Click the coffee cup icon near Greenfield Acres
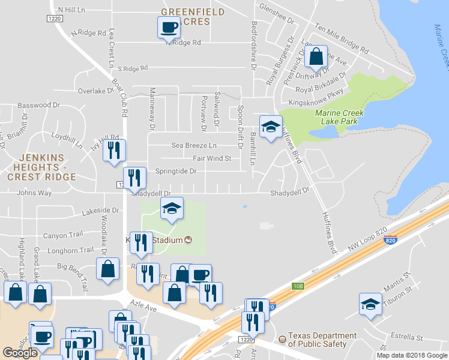click(169, 27)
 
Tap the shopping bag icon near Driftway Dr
click(316, 57)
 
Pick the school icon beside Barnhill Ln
click(271, 126)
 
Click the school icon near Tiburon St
click(370, 304)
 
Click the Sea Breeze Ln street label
click(194, 145)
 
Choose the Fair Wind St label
click(212, 158)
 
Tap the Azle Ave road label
click(144, 307)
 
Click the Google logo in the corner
click(20, 353)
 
